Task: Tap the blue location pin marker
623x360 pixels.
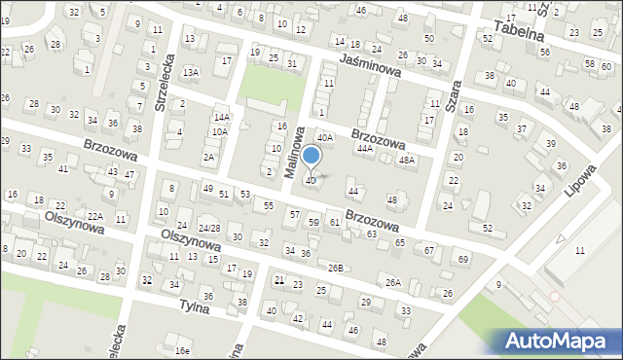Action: (311, 157)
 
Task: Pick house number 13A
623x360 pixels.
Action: (191, 72)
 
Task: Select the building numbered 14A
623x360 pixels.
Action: (222, 117)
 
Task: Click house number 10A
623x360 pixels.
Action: (220, 131)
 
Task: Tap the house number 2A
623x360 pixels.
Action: (209, 157)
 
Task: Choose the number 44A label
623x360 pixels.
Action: (365, 149)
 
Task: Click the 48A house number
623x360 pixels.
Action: (407, 160)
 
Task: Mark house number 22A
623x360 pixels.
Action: (94, 216)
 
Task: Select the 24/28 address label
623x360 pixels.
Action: (209, 229)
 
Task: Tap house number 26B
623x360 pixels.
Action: (337, 268)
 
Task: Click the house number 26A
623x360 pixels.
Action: (392, 282)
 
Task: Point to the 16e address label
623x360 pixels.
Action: (182, 349)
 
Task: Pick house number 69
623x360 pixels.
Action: (463, 260)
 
